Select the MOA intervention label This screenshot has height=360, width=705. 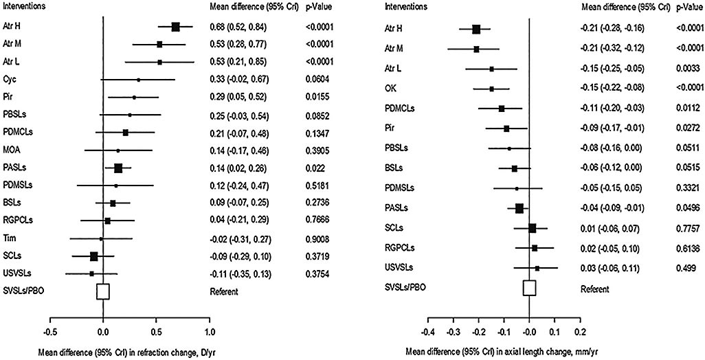click(x=10, y=150)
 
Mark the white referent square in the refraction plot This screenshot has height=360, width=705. click(x=103, y=291)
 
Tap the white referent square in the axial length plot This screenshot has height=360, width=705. click(x=529, y=287)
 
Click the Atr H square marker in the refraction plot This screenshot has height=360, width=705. click(x=175, y=27)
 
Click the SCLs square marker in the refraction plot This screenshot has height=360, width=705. click(x=94, y=256)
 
